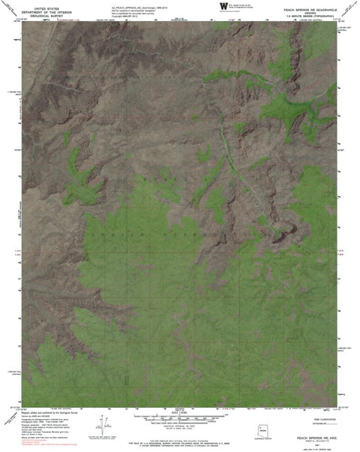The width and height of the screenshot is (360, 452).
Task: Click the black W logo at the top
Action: click(223, 6)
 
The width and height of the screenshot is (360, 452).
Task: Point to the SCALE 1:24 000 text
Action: click(180, 412)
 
